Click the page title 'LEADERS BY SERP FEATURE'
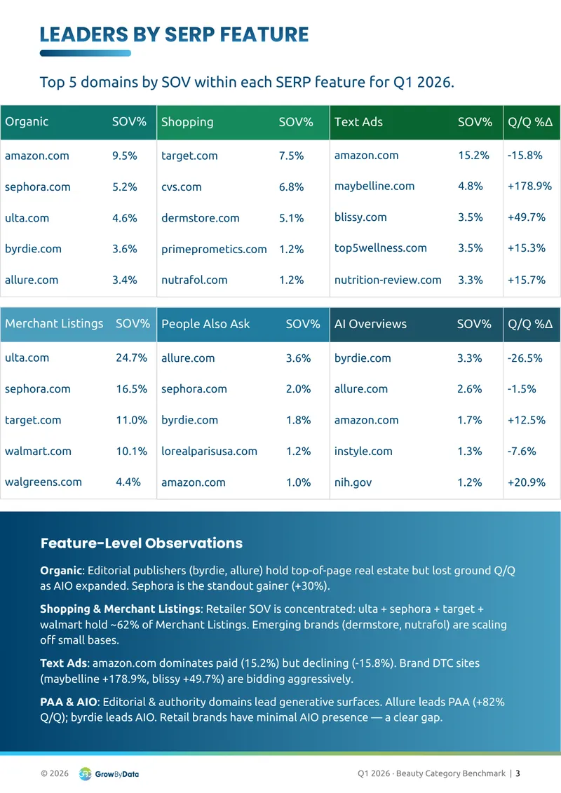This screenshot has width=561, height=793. click(x=174, y=34)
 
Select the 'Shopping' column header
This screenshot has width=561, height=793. click(x=187, y=122)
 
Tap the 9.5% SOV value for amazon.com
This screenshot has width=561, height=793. click(x=124, y=156)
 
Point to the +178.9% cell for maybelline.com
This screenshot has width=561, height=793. click(x=529, y=186)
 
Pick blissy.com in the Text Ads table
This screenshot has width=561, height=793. click(x=360, y=217)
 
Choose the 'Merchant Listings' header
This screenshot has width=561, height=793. click(x=54, y=324)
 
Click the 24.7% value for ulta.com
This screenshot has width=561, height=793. click(x=132, y=358)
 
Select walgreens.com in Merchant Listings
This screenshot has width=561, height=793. click(x=43, y=482)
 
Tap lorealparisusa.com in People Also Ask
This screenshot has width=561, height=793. click(x=209, y=451)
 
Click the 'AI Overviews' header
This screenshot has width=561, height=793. click(x=370, y=324)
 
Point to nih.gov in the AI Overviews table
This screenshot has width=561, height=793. click(x=353, y=482)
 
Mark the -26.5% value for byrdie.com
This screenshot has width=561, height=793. click(x=525, y=358)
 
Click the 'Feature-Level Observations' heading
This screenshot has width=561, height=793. click(x=142, y=543)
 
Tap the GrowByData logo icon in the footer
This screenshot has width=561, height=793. click(x=85, y=774)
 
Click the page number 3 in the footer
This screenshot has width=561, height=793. click(x=518, y=773)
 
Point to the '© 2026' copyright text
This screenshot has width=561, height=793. click(x=55, y=773)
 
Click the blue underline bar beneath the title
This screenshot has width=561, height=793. click(x=86, y=53)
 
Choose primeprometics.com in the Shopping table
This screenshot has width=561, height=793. click(x=214, y=250)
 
